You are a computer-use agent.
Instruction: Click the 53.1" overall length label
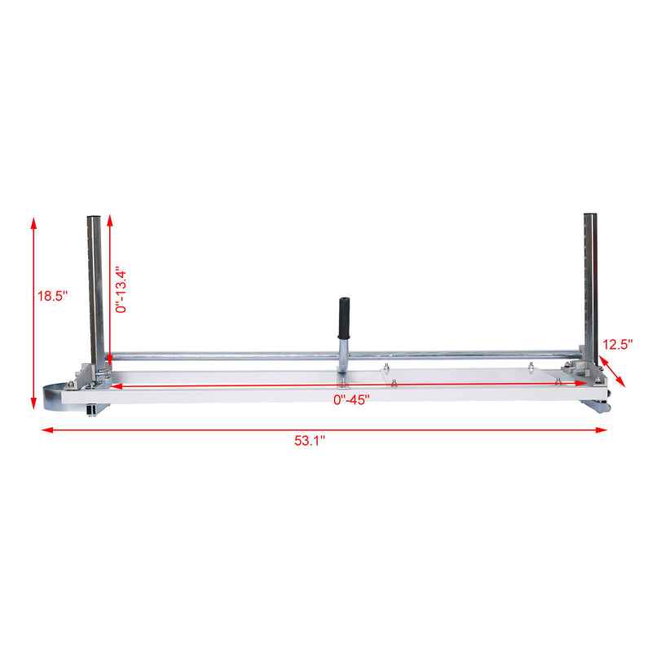point(310,440)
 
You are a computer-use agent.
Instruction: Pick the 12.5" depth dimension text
point(617,344)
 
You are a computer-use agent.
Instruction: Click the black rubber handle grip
point(344,317)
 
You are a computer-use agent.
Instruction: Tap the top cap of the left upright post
point(95,218)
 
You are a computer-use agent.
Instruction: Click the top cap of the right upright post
point(590,216)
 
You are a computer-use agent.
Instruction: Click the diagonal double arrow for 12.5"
point(614,368)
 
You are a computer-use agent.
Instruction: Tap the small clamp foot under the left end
point(90,408)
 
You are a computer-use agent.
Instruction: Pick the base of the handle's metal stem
point(344,376)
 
